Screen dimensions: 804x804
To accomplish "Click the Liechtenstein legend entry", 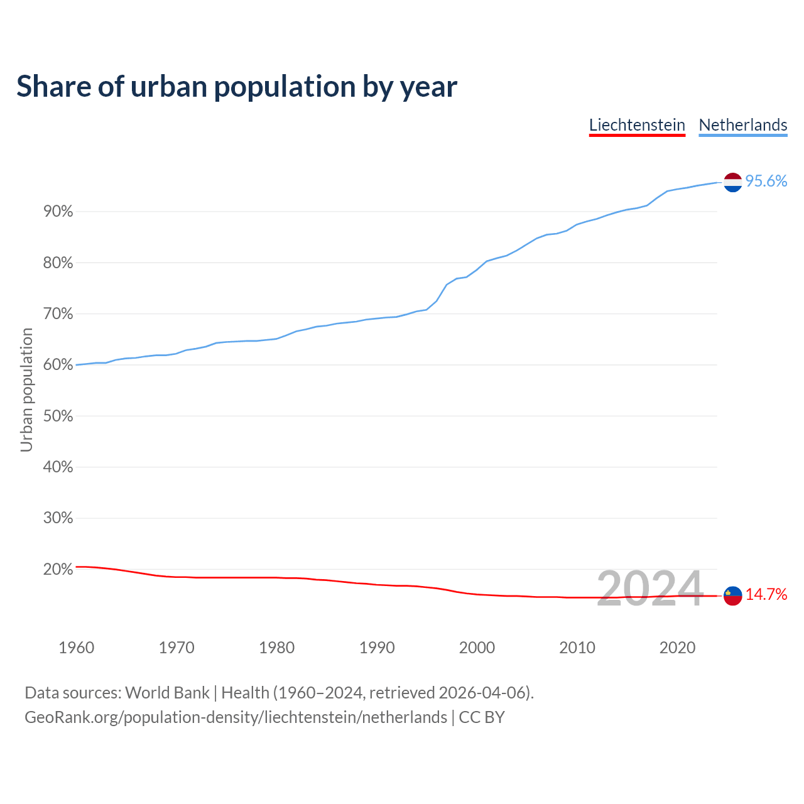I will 637,125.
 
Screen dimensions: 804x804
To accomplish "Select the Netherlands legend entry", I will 743,125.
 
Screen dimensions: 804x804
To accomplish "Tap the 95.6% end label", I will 766,182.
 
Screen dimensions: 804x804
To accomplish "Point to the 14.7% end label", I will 766,595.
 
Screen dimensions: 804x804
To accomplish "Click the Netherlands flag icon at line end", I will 733,182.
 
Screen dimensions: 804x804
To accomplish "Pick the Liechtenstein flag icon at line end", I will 733,595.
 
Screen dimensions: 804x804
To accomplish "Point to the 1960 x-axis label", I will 77,648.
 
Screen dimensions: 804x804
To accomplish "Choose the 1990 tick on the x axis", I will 377,648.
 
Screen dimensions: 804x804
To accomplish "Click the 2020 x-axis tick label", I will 677,648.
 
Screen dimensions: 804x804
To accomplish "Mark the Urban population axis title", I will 26,389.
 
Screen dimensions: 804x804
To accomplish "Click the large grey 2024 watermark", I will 649,589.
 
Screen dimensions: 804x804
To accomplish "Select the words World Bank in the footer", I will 167,693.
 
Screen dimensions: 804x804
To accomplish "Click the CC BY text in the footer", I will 482,717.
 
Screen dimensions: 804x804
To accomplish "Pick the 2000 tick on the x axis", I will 477,648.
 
